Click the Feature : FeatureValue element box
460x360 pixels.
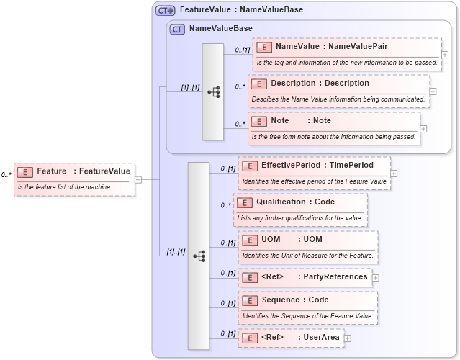pos(74,171)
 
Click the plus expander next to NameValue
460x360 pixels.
pos(445,55)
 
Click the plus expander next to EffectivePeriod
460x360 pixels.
pos(394,174)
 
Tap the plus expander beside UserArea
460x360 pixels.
pos(348,338)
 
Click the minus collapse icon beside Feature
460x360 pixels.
pos(138,179)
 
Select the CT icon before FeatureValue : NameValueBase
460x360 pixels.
pos(166,10)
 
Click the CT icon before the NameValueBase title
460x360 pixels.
pos(177,28)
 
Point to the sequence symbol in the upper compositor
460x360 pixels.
pos(214,91)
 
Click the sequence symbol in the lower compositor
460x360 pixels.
pos(199,256)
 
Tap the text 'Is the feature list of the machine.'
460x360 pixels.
pos(65,187)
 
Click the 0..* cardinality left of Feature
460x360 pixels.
pos(6,174)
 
